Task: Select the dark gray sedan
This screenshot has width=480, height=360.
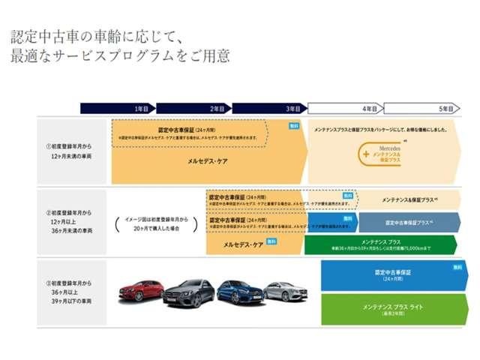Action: (188, 293)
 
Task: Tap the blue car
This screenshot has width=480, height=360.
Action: (241, 292)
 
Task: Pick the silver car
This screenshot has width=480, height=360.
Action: (285, 291)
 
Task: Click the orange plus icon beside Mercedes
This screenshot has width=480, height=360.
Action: (366, 154)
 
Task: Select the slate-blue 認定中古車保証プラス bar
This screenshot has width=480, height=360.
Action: (409, 223)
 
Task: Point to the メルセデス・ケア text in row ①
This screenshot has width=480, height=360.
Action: (208, 160)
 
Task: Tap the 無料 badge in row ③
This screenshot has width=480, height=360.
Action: (457, 267)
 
